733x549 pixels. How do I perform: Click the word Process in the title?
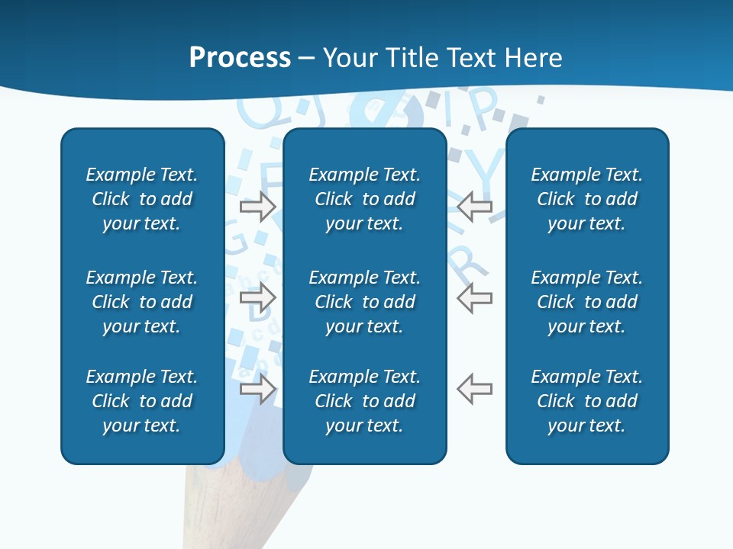(x=240, y=58)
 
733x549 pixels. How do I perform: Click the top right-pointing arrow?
(x=258, y=207)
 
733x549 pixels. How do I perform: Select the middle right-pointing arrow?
(x=258, y=297)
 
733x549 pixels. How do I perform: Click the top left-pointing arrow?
(x=474, y=207)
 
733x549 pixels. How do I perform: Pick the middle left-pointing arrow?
(x=474, y=297)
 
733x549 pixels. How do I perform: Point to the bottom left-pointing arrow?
(x=474, y=388)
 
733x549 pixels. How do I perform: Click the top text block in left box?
(x=142, y=199)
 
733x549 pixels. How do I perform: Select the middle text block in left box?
(x=142, y=302)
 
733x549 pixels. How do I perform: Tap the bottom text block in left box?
(x=142, y=401)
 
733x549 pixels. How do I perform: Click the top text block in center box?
(x=364, y=199)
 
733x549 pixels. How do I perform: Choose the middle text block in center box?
(x=364, y=302)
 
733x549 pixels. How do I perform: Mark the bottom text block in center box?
(x=364, y=401)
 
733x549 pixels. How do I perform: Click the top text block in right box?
(x=586, y=199)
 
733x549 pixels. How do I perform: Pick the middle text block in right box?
(x=586, y=302)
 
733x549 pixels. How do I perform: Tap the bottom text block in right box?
(x=586, y=401)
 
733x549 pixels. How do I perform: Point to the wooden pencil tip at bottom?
(x=244, y=503)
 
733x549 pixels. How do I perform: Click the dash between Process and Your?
(x=307, y=59)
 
